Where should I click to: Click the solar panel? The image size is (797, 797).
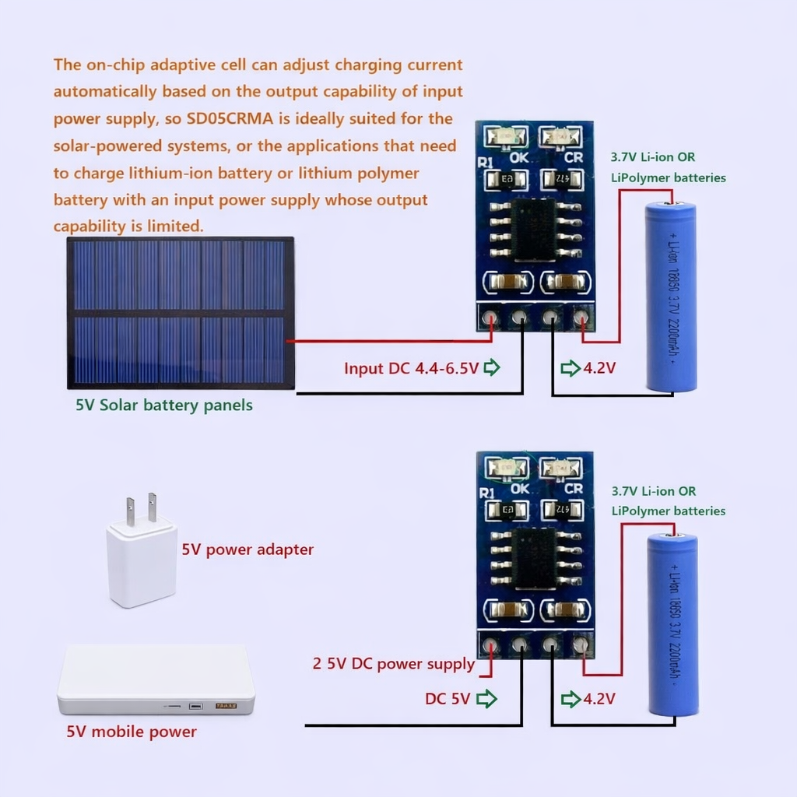[x=180, y=312]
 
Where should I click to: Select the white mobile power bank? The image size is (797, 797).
[x=156, y=679]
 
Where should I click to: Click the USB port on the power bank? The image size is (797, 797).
[x=195, y=706]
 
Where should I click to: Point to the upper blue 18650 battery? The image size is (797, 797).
[x=671, y=297]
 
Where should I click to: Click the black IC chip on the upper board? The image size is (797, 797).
[x=534, y=229]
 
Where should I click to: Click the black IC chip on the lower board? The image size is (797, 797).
[x=534, y=558]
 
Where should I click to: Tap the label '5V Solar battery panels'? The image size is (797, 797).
[x=163, y=406]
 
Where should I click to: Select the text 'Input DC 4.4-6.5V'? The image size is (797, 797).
[x=411, y=368]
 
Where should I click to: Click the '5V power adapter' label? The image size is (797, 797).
[x=248, y=549]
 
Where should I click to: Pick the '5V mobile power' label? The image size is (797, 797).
[x=132, y=732]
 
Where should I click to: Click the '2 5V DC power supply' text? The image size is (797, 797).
[x=393, y=664]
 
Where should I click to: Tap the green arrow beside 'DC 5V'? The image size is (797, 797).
[x=486, y=699]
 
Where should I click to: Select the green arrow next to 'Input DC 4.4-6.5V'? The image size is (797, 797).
[x=492, y=367]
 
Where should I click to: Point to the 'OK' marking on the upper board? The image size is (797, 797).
[x=519, y=157]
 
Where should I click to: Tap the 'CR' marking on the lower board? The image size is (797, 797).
[x=574, y=489]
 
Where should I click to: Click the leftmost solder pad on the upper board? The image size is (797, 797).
[x=490, y=318]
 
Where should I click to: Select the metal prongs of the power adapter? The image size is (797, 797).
[x=141, y=508]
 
